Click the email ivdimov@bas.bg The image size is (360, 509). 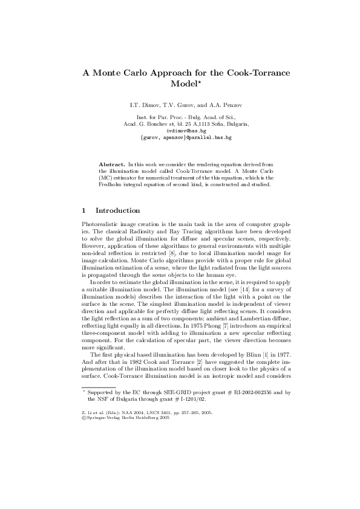[x=186, y=131]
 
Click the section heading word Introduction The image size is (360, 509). [x=119, y=211]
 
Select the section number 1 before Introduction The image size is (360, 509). [x=84, y=211]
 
